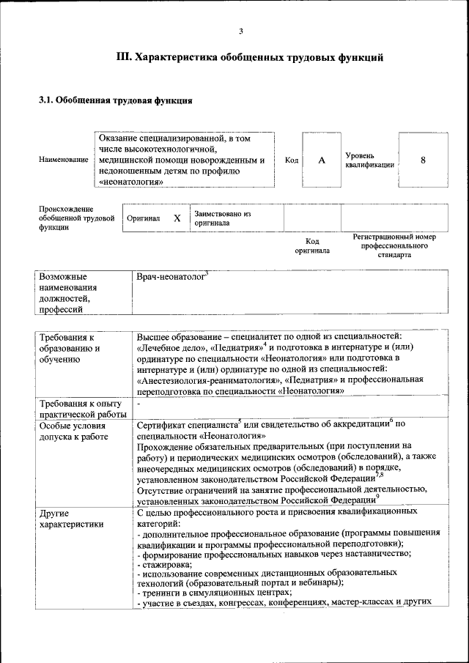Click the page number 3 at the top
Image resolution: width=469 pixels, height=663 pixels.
coord(240,30)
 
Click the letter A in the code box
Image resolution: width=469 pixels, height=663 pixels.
coord(321,160)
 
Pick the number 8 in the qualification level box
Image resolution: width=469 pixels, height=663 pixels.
coord(423,160)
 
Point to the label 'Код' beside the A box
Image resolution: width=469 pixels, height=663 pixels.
coord(291,160)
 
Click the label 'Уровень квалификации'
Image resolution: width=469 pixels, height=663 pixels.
coord(369,160)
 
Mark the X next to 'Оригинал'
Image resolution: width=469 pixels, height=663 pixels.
coord(177,218)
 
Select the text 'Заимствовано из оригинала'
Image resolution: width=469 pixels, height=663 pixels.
coord(223,218)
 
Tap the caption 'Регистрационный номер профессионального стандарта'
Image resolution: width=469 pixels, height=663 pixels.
coord(394,245)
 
